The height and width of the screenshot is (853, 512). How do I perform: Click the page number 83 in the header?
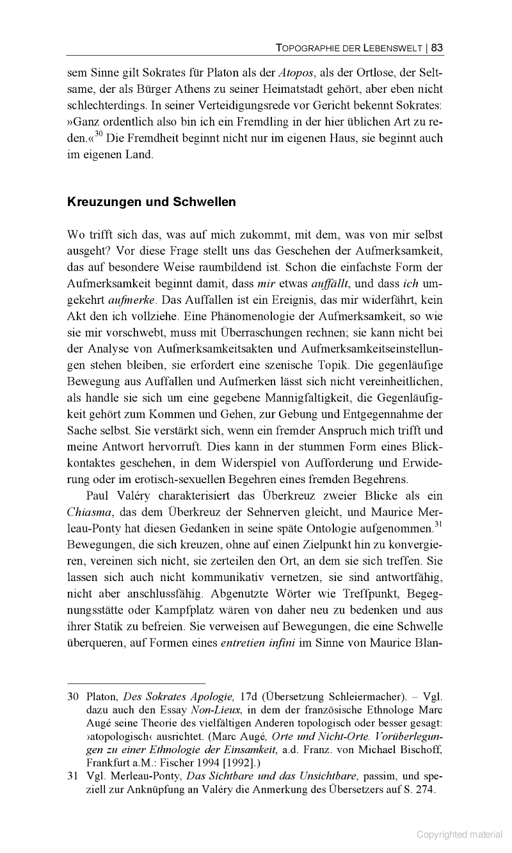tap(438, 47)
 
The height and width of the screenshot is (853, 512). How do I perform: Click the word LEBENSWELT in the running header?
tap(391, 47)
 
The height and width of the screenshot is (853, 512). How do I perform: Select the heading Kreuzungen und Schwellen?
tap(152, 202)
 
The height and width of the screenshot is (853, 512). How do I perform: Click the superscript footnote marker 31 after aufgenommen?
tap(438, 525)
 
